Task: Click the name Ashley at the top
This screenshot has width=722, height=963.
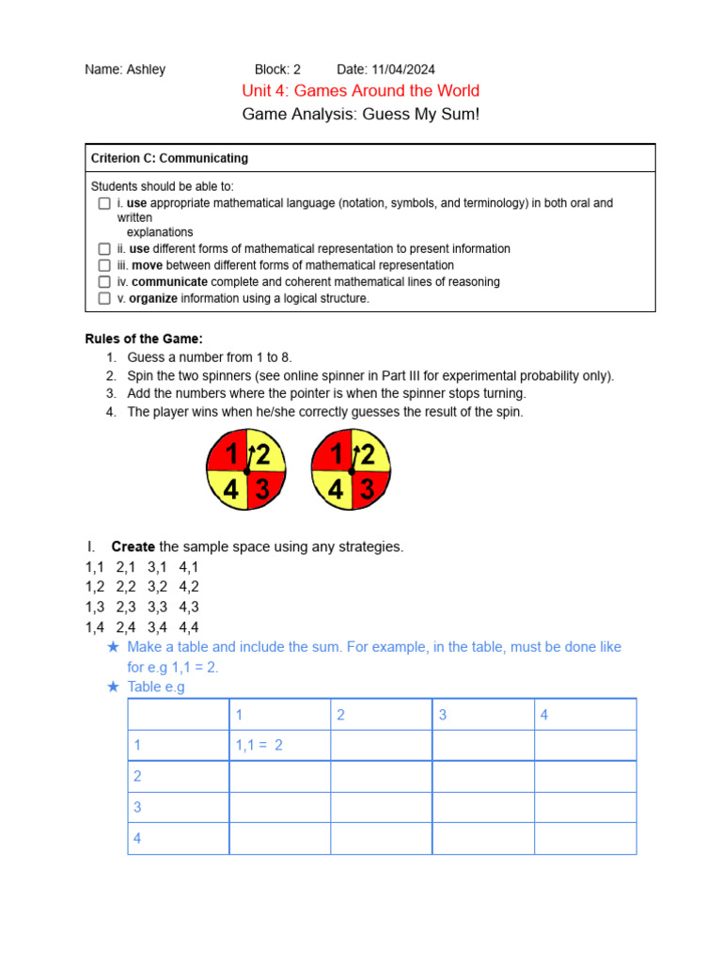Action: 146,70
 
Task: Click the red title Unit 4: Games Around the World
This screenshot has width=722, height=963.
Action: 361,91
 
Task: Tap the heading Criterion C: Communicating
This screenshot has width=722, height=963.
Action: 169,158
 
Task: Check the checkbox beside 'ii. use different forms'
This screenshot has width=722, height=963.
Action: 104,249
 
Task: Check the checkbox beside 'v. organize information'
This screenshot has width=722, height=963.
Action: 104,298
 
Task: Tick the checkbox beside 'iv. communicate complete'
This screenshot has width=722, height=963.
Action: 104,282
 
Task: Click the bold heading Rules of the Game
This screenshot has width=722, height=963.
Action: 144,339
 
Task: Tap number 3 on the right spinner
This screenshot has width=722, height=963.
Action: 368,489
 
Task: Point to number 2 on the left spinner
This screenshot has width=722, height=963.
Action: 263,455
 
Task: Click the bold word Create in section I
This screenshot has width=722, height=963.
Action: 133,546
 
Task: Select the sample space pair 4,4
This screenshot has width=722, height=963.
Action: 189,627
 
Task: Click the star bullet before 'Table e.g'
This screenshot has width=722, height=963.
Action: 113,687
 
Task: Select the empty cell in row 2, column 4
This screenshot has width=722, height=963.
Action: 585,777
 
